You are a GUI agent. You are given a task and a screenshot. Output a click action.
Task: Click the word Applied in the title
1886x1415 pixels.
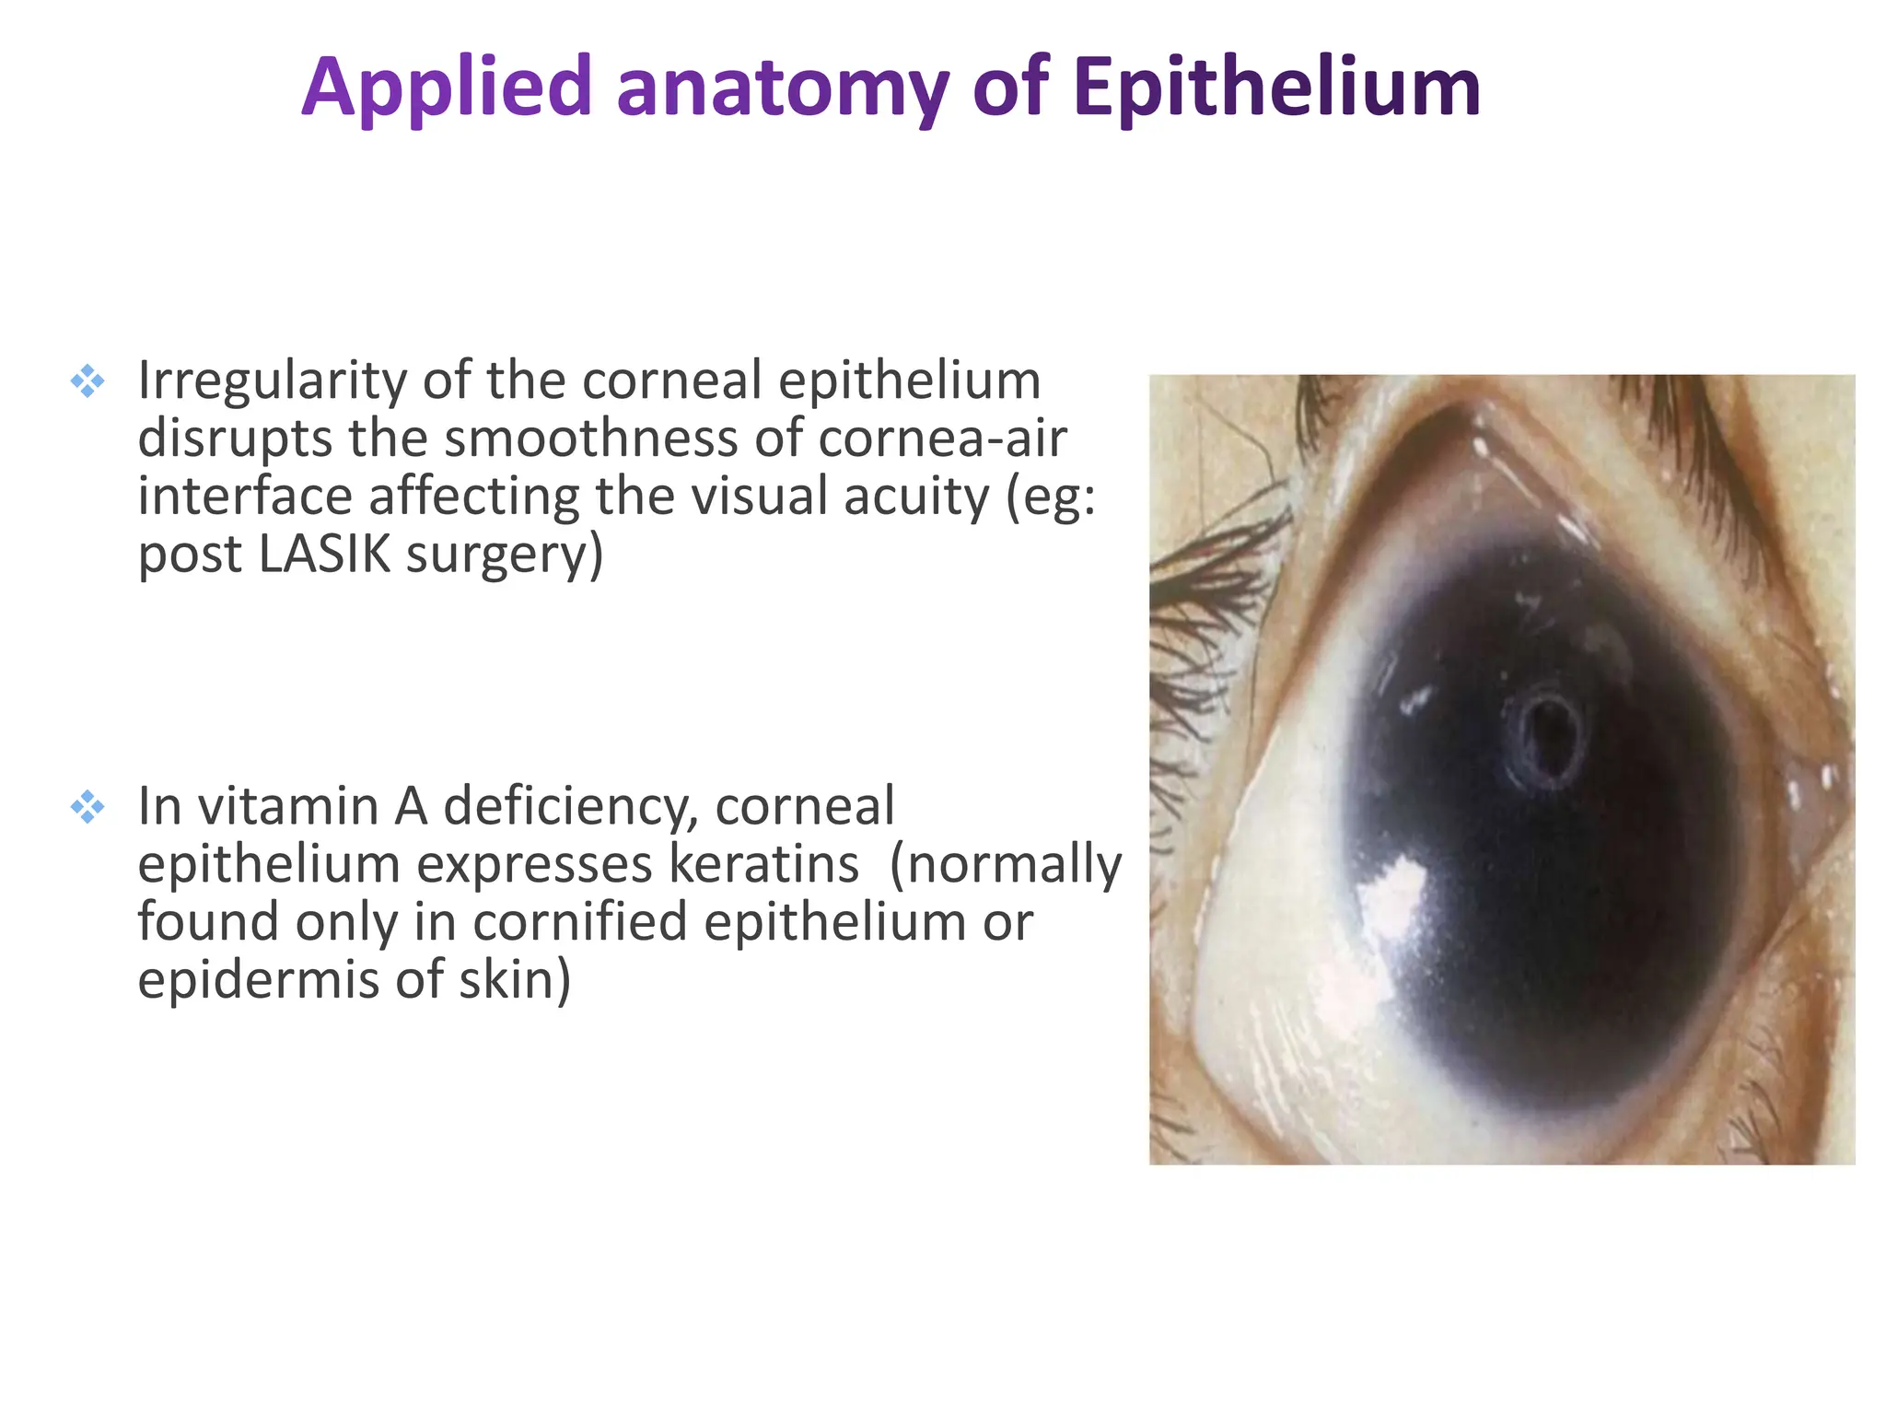[446, 89]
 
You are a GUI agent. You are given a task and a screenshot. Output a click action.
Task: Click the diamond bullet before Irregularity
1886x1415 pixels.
[87, 380]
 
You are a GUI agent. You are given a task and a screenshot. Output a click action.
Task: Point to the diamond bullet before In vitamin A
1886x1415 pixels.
[87, 807]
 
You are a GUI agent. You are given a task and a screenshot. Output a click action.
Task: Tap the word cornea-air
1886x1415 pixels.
[942, 439]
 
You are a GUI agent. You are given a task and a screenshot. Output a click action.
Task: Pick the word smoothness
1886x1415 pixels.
[591, 439]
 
